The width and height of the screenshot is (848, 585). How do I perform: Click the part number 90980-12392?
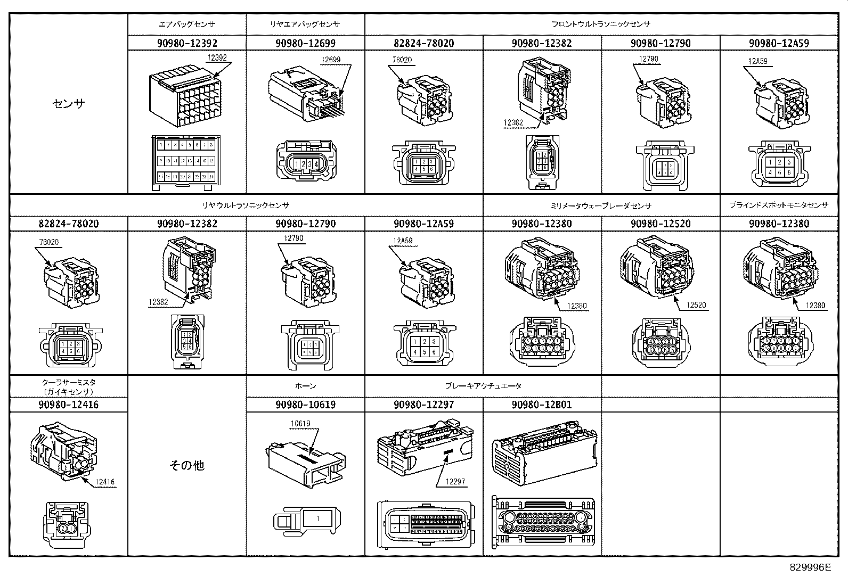[187, 43]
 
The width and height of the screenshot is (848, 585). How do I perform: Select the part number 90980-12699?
[305, 43]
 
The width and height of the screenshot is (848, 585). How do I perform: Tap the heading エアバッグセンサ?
[187, 24]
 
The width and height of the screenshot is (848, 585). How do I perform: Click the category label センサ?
[69, 104]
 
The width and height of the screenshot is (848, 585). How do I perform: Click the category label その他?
[187, 465]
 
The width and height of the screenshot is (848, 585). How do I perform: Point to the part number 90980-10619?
[305, 405]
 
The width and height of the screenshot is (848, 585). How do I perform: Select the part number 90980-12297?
[423, 405]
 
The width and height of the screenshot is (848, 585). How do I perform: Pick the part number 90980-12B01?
[542, 405]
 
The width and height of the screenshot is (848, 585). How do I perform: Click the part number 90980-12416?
[69, 405]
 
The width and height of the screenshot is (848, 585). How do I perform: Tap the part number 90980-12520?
[661, 224]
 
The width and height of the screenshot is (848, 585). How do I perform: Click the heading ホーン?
[305, 386]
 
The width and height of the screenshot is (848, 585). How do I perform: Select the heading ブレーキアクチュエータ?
[483, 386]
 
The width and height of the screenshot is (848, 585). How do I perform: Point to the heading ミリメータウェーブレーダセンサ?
[601, 205]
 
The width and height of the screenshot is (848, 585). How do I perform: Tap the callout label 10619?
[300, 424]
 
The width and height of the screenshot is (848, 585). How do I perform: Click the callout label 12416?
[105, 482]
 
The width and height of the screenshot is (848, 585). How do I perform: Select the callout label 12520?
[696, 306]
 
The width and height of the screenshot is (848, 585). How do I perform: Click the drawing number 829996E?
[810, 567]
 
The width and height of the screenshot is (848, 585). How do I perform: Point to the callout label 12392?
[216, 57]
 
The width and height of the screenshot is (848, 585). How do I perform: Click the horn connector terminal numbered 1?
[317, 518]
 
